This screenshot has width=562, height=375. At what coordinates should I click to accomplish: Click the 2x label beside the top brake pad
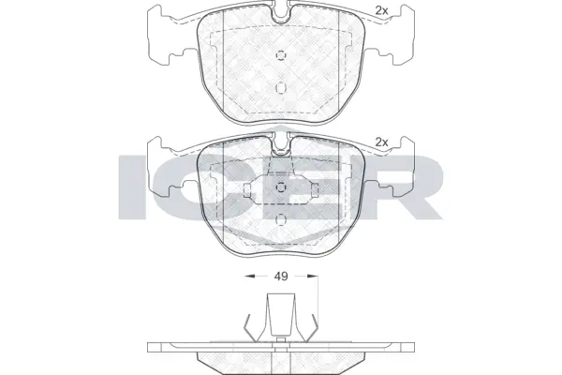(x=380, y=10)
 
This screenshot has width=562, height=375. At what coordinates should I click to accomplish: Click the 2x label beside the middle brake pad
(x=380, y=142)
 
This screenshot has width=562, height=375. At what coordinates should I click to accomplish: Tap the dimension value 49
(x=280, y=277)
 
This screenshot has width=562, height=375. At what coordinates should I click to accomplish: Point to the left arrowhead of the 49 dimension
(x=246, y=277)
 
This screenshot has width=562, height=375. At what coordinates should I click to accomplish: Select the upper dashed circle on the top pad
(x=281, y=53)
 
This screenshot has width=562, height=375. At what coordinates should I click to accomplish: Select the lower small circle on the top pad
(x=281, y=86)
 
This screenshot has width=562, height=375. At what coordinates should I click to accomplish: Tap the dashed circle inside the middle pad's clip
(x=281, y=187)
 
